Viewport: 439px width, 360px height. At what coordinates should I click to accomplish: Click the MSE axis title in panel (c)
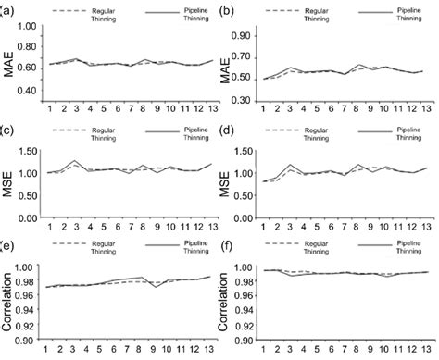coord(11,182)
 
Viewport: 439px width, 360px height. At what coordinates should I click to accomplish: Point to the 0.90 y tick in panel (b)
coord(250,38)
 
